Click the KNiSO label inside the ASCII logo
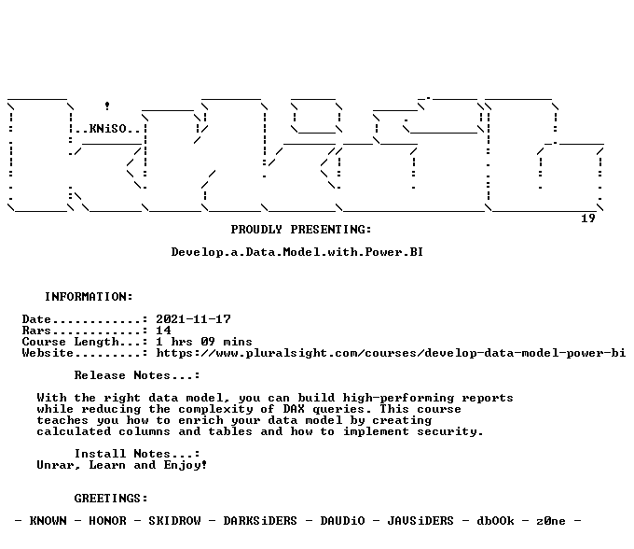tap(107, 129)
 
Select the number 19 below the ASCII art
tap(588, 218)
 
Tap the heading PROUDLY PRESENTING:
tap(301, 230)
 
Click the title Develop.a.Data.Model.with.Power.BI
tap(297, 252)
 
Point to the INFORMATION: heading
tap(89, 297)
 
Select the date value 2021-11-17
tap(193, 319)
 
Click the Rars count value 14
tap(164, 331)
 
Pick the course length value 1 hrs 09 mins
tap(204, 342)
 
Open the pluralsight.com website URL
tap(391, 353)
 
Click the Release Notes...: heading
tap(137, 375)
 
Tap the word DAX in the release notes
tap(294, 409)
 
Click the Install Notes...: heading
tap(137, 454)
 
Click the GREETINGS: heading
tap(111, 499)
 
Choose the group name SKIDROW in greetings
tap(174, 521)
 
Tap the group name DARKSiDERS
tap(260, 521)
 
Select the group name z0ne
tap(551, 521)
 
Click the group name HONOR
tap(107, 521)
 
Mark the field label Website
tap(48, 353)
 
